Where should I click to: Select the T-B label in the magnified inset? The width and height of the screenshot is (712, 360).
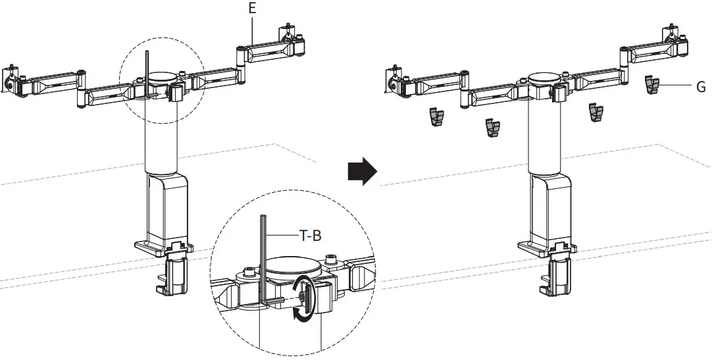pos(310,235)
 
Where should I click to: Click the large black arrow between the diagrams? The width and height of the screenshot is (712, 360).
pos(361,172)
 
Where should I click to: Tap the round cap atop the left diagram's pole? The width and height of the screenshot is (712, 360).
pos(161,76)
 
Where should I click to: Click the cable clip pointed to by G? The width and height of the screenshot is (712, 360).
pos(651,84)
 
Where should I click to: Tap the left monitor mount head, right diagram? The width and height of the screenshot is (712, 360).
pos(395,80)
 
